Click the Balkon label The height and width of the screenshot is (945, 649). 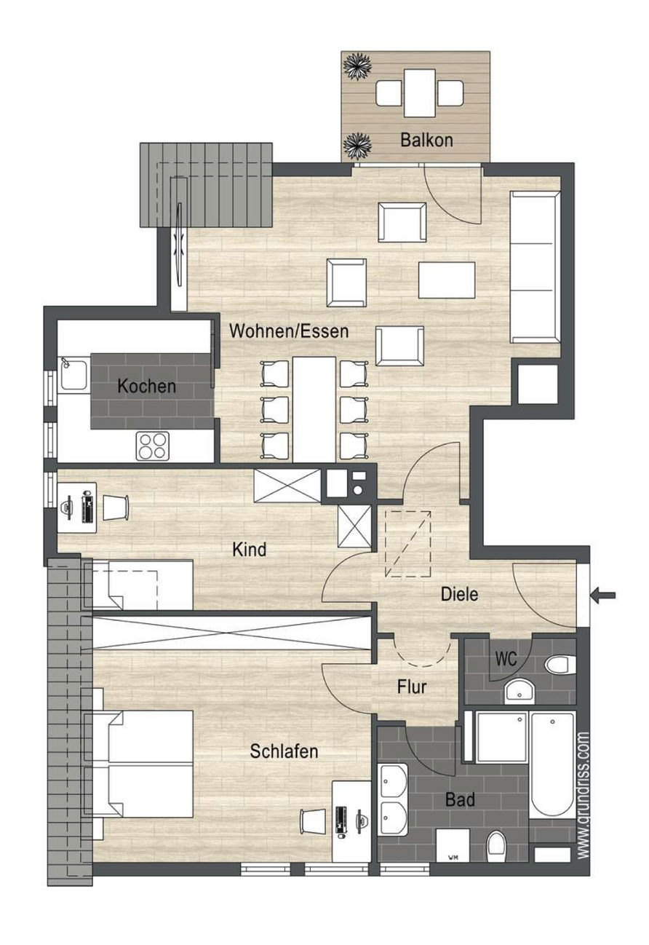426,141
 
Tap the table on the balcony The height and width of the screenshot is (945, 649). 419,92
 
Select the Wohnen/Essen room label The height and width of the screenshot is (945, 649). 289,331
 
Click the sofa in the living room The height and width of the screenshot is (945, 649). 535,266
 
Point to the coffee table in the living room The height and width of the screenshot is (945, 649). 447,279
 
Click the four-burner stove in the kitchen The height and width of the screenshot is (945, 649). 153,445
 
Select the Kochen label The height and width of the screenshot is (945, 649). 146,386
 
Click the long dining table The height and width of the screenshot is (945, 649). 314,408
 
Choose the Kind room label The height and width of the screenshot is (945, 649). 249,549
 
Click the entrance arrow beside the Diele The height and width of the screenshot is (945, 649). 604,596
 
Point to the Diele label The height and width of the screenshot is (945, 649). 459,594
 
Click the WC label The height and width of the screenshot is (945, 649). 506,659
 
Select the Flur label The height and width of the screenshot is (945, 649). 412,686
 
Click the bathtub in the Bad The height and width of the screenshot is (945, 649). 552,765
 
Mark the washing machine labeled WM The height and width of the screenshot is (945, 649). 453,847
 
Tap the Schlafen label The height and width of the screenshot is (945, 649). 284,751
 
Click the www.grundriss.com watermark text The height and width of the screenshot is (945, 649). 584,796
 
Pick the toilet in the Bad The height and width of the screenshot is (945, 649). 497,847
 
